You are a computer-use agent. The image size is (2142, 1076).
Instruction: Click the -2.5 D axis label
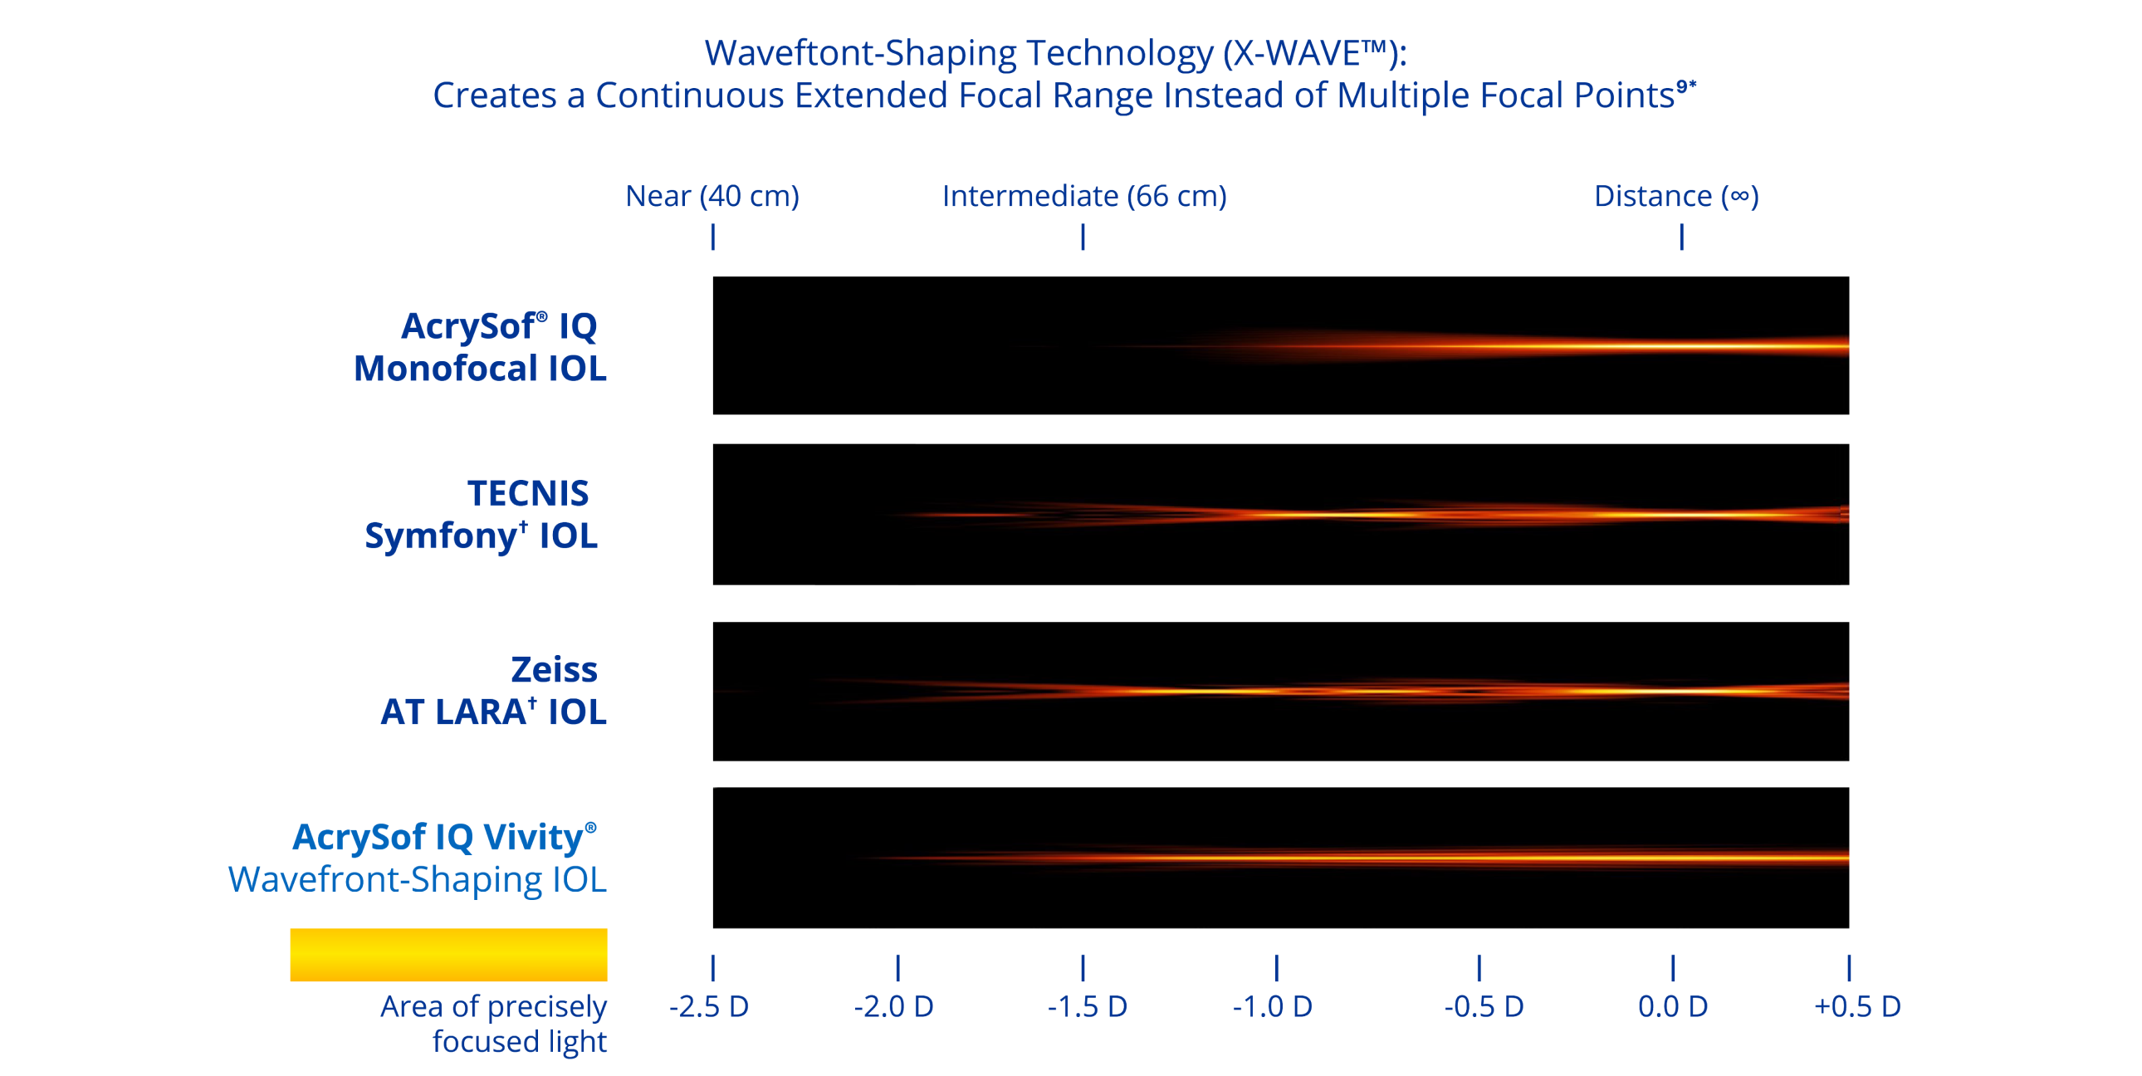point(709,1007)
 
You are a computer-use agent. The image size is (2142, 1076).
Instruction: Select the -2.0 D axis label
point(894,1007)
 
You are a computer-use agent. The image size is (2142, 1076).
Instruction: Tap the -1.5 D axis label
point(1087,1007)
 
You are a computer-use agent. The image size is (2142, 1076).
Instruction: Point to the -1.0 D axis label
point(1272,1007)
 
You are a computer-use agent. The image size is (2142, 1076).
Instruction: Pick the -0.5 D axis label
point(1484,1007)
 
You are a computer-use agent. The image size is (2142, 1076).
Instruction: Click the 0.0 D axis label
point(1672,1007)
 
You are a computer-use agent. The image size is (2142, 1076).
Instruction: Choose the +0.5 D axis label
point(1856,1007)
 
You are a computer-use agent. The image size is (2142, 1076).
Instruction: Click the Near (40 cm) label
point(712,197)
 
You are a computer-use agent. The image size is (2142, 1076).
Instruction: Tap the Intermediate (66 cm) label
point(1084,197)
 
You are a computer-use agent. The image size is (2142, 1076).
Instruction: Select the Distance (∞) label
point(1675,197)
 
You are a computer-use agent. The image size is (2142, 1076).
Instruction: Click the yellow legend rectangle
point(448,955)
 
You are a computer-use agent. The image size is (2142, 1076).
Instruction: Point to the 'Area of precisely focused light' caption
point(494,1024)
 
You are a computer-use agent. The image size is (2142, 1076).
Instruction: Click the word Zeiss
point(554,669)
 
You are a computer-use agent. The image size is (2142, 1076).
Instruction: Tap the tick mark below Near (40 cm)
point(712,237)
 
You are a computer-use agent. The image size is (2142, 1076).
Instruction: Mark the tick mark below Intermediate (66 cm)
point(1083,237)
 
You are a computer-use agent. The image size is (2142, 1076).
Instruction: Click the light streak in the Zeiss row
point(1414,691)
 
